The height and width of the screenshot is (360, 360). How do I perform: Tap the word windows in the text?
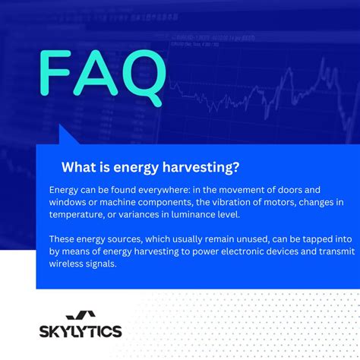pos(69,202)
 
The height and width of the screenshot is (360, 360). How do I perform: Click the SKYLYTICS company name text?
pos(80,331)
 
